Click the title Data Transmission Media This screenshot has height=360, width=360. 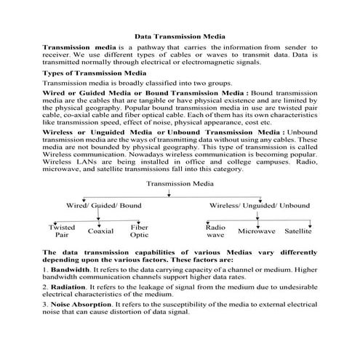point(180,35)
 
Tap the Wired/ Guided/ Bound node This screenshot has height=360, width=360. point(104,206)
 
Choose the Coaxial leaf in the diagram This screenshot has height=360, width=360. point(101,232)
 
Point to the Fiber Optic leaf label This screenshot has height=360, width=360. point(140,231)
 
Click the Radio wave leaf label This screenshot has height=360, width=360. point(215,231)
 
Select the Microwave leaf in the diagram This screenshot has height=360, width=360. point(256,231)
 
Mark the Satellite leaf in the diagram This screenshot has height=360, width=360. point(298,231)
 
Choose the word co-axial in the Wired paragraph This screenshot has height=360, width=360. point(74,115)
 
